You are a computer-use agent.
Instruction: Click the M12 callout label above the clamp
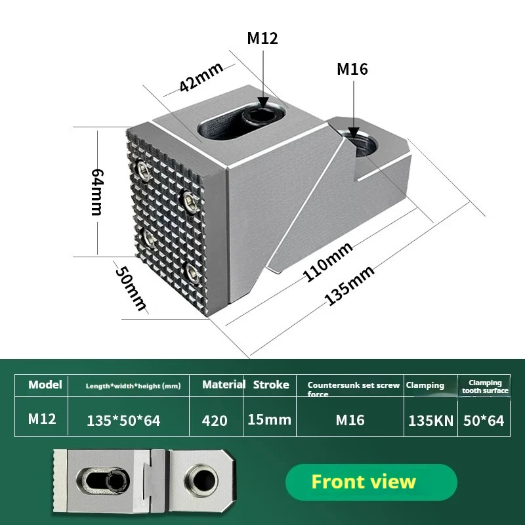tap(262, 38)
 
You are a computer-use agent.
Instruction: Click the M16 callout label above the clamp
tap(352, 69)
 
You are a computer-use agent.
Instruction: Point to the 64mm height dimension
tap(96, 191)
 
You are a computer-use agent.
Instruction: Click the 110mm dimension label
tap(328, 262)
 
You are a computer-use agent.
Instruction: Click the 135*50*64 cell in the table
tap(123, 421)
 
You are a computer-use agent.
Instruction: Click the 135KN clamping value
tap(430, 421)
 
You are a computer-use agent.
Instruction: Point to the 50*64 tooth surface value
tap(484, 421)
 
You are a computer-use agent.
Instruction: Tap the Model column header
tap(45, 385)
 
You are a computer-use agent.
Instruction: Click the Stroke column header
tap(271, 385)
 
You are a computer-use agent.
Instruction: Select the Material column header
tap(224, 385)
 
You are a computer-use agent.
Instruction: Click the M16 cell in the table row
tap(350, 420)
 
